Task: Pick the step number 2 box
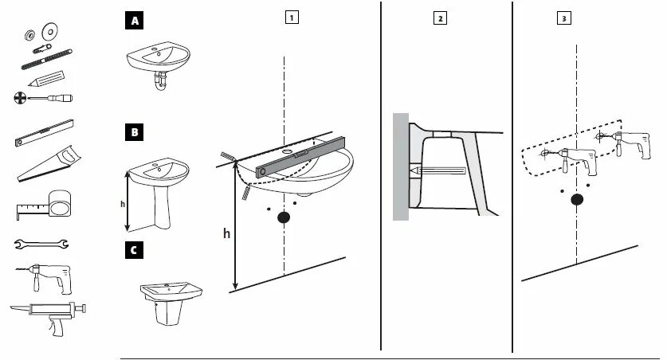tap(440, 18)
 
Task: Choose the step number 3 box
tap(564, 18)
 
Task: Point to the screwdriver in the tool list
tap(44, 98)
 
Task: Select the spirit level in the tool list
tap(45, 131)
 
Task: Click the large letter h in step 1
tap(226, 234)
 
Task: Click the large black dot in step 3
tap(575, 200)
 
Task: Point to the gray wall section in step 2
tap(400, 167)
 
